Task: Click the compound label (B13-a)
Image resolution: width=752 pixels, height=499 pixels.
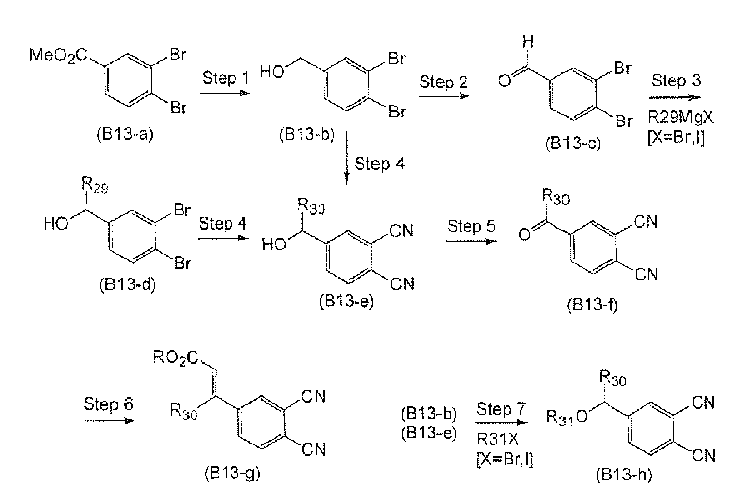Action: pyautogui.click(x=125, y=134)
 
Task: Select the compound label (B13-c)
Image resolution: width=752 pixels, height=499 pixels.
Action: pyautogui.click(x=573, y=143)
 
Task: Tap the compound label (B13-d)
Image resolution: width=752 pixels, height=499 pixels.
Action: pyautogui.click(x=128, y=285)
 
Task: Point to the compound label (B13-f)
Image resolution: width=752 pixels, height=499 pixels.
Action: pyautogui.click(x=592, y=305)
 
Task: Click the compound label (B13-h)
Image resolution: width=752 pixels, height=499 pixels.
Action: pyautogui.click(x=624, y=475)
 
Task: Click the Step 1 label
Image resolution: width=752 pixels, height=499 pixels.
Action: pyautogui.click(x=225, y=78)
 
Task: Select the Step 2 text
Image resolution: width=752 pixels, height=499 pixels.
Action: pyautogui.click(x=443, y=82)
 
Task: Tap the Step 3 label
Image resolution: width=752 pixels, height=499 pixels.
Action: pyautogui.click(x=676, y=80)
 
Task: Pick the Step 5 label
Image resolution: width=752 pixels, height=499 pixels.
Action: pyautogui.click(x=471, y=226)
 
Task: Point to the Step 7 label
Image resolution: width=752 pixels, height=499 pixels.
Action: pyautogui.click(x=501, y=409)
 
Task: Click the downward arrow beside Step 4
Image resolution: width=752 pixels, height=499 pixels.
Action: pyautogui.click(x=347, y=158)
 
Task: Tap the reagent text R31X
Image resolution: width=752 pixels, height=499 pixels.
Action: pyautogui.click(x=498, y=439)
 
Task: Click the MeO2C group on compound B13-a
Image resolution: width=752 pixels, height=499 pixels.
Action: pyautogui.click(x=58, y=55)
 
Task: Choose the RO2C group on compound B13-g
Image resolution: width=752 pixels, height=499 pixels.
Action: pyautogui.click(x=175, y=358)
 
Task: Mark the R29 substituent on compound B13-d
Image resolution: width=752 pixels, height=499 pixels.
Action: pyautogui.click(x=95, y=185)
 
